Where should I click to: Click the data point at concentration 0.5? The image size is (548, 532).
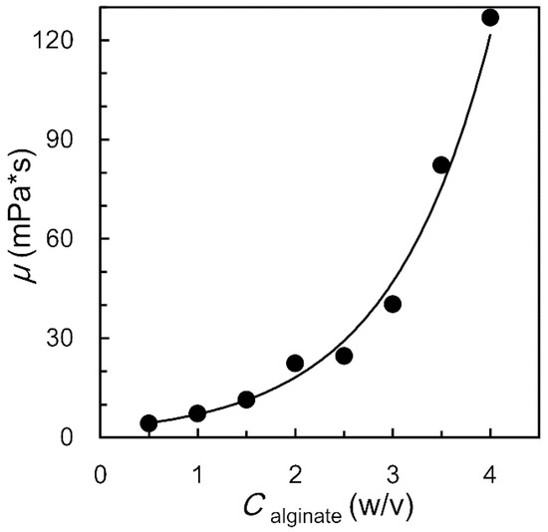pyautogui.click(x=148, y=423)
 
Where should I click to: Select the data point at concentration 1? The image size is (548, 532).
pyautogui.click(x=197, y=413)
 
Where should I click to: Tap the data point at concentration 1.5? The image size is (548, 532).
pyautogui.click(x=246, y=399)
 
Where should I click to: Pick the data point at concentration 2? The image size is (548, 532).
pyautogui.click(x=295, y=364)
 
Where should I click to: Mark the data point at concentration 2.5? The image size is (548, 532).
pyautogui.click(x=344, y=356)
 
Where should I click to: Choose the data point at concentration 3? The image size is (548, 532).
pyautogui.click(x=393, y=304)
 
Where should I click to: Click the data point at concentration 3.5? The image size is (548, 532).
pyautogui.click(x=441, y=165)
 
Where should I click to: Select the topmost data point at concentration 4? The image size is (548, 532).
pyautogui.click(x=490, y=18)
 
